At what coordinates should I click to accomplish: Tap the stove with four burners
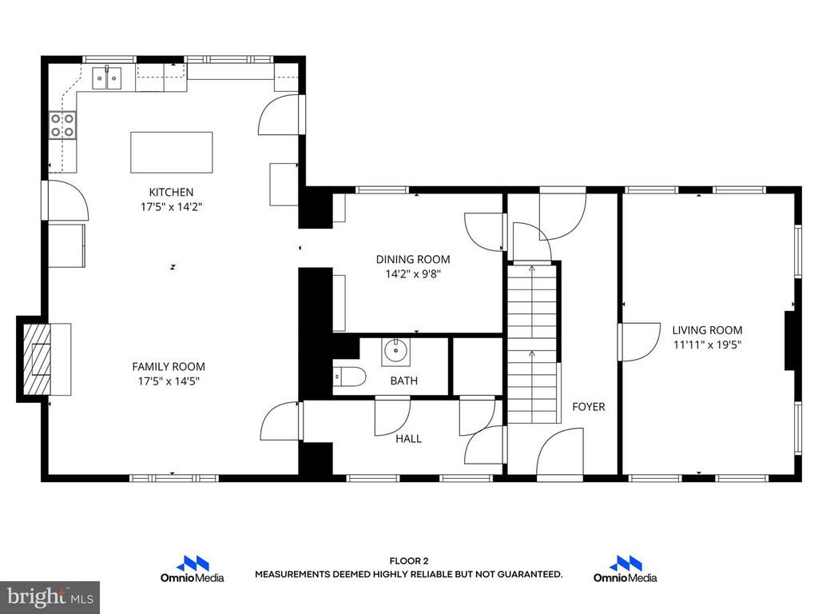point(62,126)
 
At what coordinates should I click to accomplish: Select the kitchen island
point(172,152)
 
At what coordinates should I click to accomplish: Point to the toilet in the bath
point(348,376)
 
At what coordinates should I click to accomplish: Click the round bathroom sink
point(394,349)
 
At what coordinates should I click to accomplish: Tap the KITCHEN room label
point(171,192)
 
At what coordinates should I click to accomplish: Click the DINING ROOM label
point(413,259)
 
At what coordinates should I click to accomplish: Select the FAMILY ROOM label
point(163,366)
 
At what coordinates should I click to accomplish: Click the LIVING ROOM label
point(707,329)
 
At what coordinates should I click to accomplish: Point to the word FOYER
point(588,406)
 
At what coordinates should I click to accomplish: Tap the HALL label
point(409,438)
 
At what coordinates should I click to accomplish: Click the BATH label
point(403,381)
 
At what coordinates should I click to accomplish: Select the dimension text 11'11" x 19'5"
point(707,345)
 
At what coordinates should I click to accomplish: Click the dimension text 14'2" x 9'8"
point(413,273)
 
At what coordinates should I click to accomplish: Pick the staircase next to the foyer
point(533,344)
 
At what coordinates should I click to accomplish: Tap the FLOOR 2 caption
point(408,561)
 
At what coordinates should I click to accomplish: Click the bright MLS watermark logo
point(50,596)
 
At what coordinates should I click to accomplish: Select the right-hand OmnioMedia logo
point(625,569)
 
